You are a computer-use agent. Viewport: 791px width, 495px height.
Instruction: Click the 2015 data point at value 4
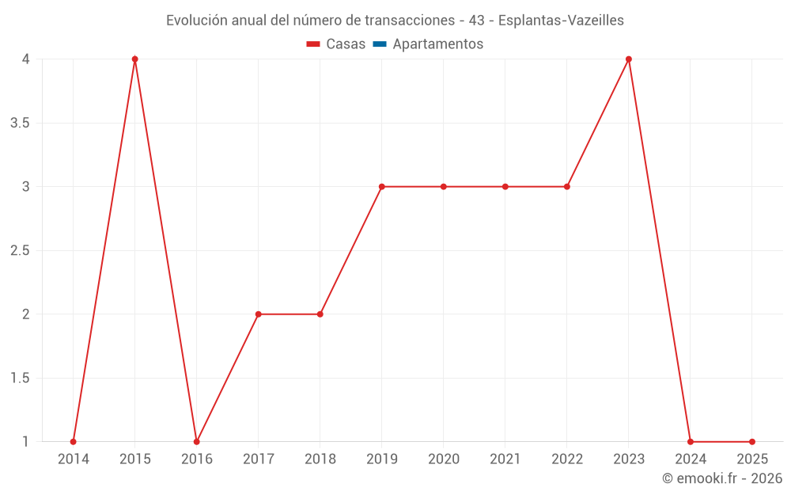pos(134,59)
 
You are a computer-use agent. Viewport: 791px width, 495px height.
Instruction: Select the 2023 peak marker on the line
pos(629,59)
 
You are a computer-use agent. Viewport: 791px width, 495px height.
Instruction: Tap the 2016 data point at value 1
pos(197,442)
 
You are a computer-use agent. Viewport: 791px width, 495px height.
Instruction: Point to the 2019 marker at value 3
pos(381,187)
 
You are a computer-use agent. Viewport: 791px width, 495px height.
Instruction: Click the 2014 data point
pos(74,442)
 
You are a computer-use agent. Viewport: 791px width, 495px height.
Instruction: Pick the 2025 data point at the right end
pos(752,442)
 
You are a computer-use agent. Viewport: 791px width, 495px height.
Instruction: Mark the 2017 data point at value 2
pos(259,314)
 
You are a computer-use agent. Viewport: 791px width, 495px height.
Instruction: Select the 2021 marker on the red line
pos(505,187)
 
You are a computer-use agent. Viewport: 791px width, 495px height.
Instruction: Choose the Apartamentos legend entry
pos(437,44)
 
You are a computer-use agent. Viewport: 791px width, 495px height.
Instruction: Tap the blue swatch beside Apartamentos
pos(380,44)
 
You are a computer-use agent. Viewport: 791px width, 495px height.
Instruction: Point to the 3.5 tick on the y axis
pos(21,123)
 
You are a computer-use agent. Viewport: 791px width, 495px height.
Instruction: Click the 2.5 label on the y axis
pos(21,250)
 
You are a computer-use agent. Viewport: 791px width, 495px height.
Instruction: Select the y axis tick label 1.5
pos(21,378)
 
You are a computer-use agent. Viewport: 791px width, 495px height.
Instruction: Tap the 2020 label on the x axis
pos(443,459)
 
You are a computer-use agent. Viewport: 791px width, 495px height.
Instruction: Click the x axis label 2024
pos(690,459)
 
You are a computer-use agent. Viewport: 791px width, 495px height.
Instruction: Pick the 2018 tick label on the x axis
pos(320,459)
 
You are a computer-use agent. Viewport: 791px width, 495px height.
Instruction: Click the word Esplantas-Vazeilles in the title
pos(561,21)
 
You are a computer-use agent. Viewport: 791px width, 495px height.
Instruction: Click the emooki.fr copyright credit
pos(722,478)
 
